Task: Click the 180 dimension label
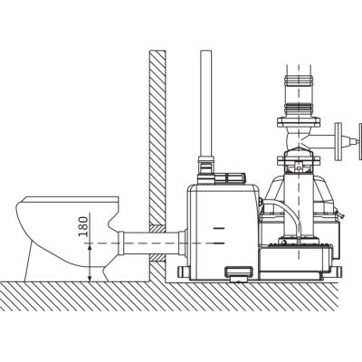click(x=83, y=226)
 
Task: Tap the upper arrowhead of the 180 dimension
click(x=90, y=247)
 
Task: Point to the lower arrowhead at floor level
click(x=90, y=278)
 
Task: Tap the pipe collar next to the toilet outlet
click(x=120, y=243)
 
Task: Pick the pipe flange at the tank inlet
click(x=183, y=243)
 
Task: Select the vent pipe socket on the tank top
click(x=205, y=169)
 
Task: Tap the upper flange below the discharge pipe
click(x=299, y=122)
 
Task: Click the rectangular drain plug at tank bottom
click(x=239, y=274)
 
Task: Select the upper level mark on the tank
click(x=219, y=228)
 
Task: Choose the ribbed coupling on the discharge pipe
click(x=299, y=108)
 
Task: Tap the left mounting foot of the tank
click(x=184, y=273)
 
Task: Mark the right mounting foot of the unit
click(x=338, y=271)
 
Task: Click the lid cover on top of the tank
click(x=230, y=178)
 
